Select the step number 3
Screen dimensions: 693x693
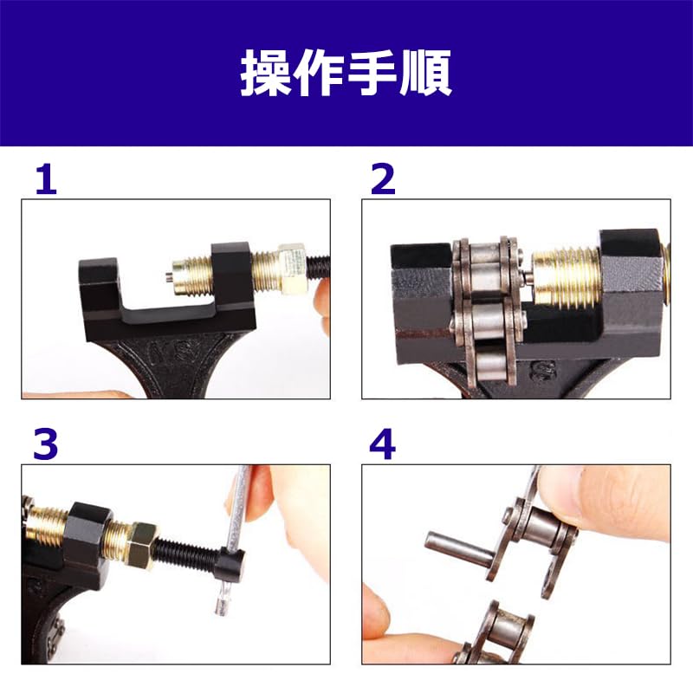46,444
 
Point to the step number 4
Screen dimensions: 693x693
382,444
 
